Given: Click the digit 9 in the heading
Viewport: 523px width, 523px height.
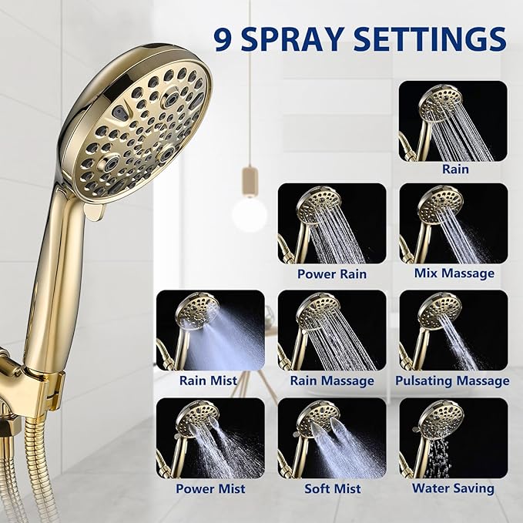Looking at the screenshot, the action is [223, 40].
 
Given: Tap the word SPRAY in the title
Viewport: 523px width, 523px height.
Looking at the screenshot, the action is [293, 40].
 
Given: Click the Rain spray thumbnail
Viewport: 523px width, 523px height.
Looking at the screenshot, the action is [453, 121].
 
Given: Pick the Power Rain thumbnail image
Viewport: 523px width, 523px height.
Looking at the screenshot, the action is [332, 223].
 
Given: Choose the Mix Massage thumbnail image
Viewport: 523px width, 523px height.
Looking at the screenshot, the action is [453, 223].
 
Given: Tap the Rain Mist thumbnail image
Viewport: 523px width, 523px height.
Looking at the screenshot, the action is [210, 330].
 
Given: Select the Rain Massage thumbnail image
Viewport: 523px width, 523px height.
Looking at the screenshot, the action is [332, 330].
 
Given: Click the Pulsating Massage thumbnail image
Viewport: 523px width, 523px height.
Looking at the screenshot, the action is [453, 330].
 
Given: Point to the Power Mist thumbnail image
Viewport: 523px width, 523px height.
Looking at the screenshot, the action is [210, 438].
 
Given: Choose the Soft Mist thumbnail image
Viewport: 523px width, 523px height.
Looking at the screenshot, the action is [332, 438].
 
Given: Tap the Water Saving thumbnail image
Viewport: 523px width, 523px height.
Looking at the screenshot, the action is [453, 438].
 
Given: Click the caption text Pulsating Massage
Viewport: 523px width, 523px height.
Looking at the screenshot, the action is [452, 381].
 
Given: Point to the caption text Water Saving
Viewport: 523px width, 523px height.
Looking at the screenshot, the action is [453, 488].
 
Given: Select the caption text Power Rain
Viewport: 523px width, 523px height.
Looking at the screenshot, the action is [332, 274].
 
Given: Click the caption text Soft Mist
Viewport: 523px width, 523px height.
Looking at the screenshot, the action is [333, 488].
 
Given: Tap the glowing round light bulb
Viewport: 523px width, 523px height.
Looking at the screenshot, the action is [250, 214].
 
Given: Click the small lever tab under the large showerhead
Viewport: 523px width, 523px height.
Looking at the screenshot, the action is [95, 212].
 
